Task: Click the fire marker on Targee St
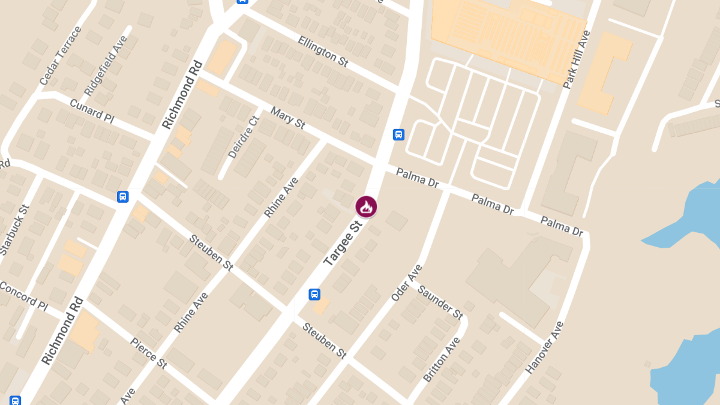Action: pyautogui.click(x=366, y=207)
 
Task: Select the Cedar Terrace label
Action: pyautogui.click(x=60, y=55)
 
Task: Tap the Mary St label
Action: pyautogui.click(x=287, y=118)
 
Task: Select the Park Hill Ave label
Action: pyautogui.click(x=577, y=59)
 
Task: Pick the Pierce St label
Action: pyautogui.click(x=148, y=352)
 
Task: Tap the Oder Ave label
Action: pyautogui.click(x=407, y=283)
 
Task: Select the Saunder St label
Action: pyautogui.click(x=440, y=302)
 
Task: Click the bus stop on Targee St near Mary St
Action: pyautogui.click(x=398, y=134)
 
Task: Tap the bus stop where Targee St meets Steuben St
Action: pyautogui.click(x=314, y=294)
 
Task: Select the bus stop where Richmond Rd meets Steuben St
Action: pyautogui.click(x=122, y=196)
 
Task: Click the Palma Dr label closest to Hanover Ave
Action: pyautogui.click(x=562, y=226)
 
